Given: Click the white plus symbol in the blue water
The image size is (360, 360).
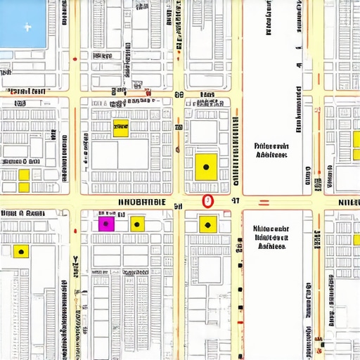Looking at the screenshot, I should [x=27, y=28].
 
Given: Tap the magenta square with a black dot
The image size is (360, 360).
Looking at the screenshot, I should [x=105, y=224].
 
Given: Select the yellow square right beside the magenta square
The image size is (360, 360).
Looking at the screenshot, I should [x=137, y=224].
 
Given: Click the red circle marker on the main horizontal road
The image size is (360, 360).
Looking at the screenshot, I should [x=207, y=201].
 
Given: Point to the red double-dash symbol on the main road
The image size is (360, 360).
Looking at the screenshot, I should [x=264, y=202].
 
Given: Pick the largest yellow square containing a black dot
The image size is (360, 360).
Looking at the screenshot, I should [x=206, y=166].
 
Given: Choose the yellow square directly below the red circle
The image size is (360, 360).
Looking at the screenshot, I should [x=207, y=224].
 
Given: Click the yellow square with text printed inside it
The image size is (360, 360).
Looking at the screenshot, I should [x=121, y=128].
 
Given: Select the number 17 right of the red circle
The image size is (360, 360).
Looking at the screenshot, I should [x=236, y=201].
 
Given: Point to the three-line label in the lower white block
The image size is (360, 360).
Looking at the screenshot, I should [x=271, y=238].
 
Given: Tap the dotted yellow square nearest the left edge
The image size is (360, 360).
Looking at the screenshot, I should [x=21, y=250].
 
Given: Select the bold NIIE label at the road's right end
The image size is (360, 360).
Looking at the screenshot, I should [x=348, y=202].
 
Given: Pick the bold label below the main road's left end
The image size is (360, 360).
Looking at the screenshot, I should [x=21, y=214].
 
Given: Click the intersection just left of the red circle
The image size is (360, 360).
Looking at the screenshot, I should [x=179, y=202].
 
